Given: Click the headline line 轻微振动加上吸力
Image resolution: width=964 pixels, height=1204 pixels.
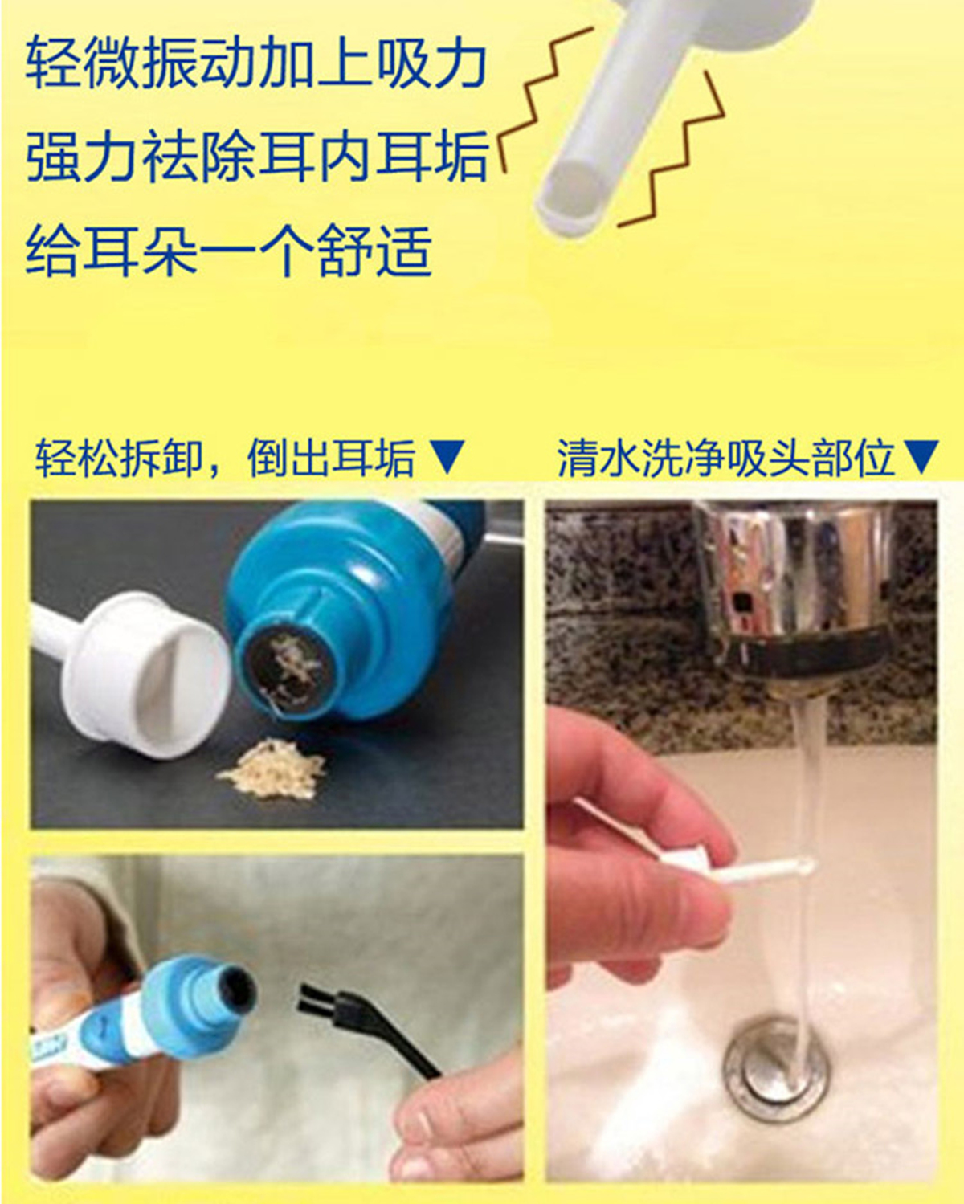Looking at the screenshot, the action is tap(255, 62).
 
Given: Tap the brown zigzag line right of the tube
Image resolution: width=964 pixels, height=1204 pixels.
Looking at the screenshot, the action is tap(672, 150).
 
